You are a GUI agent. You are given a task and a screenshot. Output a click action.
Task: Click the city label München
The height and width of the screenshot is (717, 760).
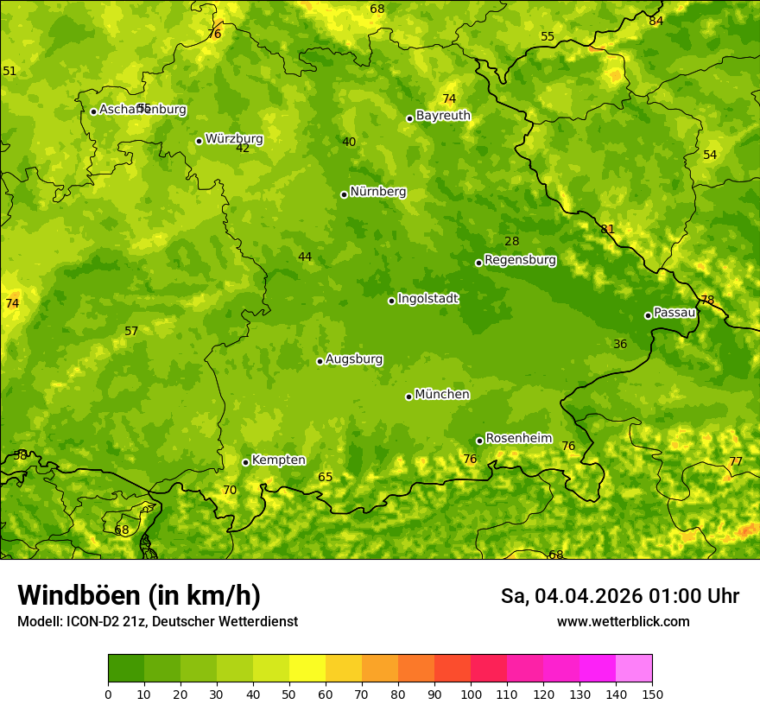point(442,395)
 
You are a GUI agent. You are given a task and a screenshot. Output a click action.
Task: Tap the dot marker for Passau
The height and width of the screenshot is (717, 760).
point(648,315)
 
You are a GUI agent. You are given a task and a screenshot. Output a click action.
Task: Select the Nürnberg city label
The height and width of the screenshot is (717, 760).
point(377,192)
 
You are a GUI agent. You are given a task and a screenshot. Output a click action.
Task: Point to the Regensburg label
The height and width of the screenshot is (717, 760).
point(520,260)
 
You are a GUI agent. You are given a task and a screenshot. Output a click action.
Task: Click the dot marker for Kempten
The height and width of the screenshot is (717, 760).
point(245,462)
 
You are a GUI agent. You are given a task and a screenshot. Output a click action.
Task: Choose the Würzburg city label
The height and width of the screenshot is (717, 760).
point(233,139)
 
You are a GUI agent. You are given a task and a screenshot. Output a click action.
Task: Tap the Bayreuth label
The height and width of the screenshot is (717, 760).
point(443,116)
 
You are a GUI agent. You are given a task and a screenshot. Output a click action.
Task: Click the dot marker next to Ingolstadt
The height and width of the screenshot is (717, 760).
point(391,301)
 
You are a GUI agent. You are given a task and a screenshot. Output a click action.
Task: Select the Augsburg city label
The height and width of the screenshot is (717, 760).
point(354,359)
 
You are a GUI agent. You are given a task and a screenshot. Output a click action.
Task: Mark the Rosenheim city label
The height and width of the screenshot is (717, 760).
point(518,439)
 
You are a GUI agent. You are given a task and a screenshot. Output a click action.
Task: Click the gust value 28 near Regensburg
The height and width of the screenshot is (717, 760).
point(512,242)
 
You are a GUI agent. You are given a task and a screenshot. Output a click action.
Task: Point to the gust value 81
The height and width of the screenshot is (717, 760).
point(608,230)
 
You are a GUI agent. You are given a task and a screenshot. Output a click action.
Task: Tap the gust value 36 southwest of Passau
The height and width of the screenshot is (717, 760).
point(620,345)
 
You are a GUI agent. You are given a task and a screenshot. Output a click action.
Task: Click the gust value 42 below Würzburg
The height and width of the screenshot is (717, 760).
point(243,149)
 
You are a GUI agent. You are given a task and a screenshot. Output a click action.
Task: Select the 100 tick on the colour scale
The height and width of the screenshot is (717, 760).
point(471,694)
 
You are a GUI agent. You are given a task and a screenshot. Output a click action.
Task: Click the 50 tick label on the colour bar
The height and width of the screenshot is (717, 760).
point(289,694)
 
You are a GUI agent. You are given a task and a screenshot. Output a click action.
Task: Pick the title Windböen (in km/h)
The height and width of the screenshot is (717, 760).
point(139,595)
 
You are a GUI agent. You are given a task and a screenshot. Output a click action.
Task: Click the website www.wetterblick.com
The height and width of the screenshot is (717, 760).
point(623,622)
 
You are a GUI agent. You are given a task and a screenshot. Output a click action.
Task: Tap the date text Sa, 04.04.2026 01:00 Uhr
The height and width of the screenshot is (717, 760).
point(619,596)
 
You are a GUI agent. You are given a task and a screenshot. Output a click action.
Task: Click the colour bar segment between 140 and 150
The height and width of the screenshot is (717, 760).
point(634,669)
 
